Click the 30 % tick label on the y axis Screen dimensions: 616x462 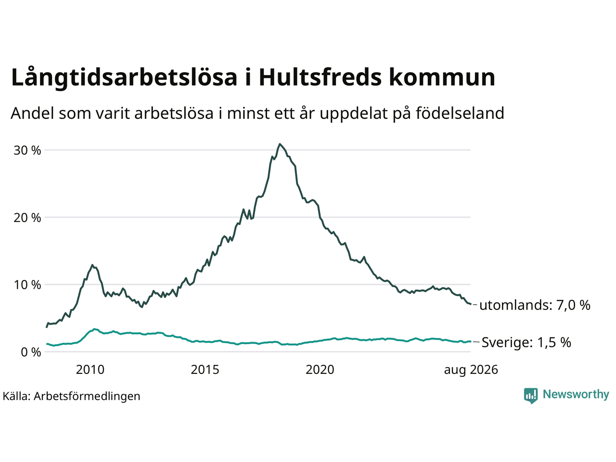click(x=27, y=151)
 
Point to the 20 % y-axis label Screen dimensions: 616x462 click(x=27, y=218)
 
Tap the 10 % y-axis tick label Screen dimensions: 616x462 click(x=27, y=285)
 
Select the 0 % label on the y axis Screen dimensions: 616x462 click(x=31, y=352)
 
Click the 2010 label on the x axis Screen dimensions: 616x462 click(x=90, y=370)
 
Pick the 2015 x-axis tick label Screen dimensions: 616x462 click(x=205, y=370)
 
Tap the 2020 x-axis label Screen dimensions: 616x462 click(x=320, y=370)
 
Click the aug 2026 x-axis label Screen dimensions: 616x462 click(x=471, y=370)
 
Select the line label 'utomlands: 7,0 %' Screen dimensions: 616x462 click(x=535, y=305)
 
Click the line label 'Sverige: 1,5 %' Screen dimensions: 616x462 click(x=526, y=342)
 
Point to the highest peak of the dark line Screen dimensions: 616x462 click(x=280, y=144)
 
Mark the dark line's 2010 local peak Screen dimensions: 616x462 click(x=92, y=265)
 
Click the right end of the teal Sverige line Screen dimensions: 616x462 click(x=470, y=341)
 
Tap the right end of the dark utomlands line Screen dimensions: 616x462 click(x=470, y=304)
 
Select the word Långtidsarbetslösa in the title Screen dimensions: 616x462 click(x=124, y=78)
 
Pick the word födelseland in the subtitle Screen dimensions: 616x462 click(x=460, y=113)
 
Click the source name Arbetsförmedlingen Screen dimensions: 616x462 click(x=87, y=397)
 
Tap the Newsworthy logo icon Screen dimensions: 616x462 click(x=531, y=396)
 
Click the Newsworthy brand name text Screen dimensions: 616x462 click(x=576, y=395)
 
